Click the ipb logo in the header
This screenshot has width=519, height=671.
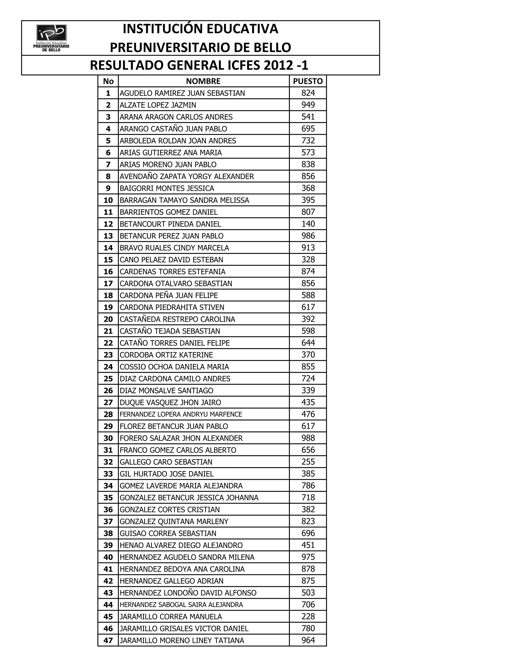(51, 37)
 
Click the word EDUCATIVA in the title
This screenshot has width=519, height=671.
(242, 29)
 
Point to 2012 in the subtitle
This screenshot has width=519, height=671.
(278, 65)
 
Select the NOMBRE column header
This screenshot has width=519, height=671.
(203, 81)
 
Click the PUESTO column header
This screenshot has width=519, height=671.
(308, 81)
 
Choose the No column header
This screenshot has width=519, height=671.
(108, 81)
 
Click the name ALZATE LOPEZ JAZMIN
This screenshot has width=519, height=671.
(158, 105)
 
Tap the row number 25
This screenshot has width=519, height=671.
(108, 379)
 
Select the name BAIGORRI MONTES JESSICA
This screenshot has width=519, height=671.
(167, 188)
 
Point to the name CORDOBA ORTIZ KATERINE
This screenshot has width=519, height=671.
(166, 355)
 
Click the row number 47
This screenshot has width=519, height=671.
(108, 641)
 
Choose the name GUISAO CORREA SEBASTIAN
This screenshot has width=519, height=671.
(168, 533)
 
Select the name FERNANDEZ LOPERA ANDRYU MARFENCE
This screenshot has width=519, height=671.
(181, 415)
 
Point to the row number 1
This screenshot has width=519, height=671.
(108, 93)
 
